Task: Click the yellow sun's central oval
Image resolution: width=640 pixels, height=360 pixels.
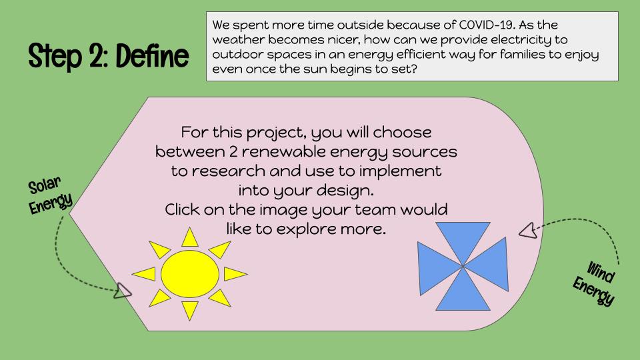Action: tap(190, 274)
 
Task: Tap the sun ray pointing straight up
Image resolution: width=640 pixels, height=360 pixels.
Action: tap(190, 238)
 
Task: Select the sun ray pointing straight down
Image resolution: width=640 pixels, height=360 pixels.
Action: tap(190, 310)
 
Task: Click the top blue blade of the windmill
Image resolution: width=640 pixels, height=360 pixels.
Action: tap(463, 241)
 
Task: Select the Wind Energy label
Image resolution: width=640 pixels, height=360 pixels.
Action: tap(594, 283)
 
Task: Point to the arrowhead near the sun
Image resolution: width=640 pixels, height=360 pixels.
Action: tap(122, 291)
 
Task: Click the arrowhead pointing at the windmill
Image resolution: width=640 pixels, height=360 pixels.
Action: tap(528, 231)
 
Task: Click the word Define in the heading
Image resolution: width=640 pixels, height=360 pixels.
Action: tap(152, 56)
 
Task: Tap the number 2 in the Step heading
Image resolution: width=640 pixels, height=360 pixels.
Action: tap(97, 56)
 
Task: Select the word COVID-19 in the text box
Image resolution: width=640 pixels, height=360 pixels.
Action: tap(486, 25)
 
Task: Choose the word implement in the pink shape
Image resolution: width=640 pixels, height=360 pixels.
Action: tap(400, 171)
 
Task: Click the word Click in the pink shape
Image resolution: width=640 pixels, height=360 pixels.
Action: tap(182, 209)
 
